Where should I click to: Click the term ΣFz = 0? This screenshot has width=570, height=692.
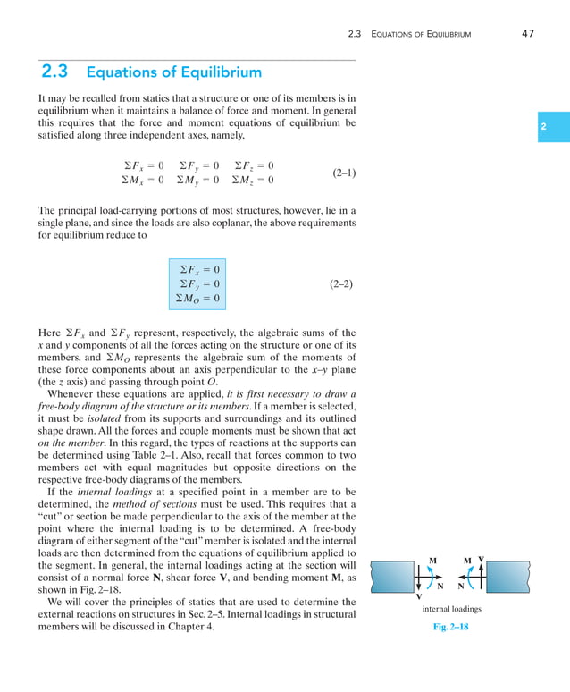pos(254,165)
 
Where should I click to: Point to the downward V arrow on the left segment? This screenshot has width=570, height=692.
pos(417,586)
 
